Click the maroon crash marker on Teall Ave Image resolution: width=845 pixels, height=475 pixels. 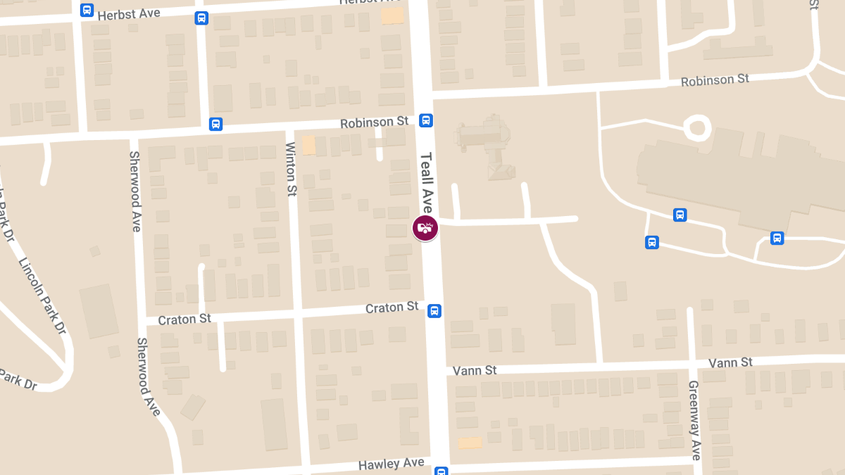(425, 227)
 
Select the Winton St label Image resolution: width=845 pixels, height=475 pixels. (291, 169)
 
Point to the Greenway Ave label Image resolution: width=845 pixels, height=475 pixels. (694, 421)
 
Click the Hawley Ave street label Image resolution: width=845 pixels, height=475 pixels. (391, 464)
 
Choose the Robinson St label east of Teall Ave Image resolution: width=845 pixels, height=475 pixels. (715, 80)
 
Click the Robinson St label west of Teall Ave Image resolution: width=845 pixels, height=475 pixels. (374, 123)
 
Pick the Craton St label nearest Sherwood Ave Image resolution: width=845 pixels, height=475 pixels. (184, 319)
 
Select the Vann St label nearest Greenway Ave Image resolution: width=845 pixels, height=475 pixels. (730, 362)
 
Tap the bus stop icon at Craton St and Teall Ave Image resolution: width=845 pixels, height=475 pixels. (435, 310)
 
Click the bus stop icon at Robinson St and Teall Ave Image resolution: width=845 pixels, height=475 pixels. (426, 120)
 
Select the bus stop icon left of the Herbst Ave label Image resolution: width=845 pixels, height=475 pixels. (87, 10)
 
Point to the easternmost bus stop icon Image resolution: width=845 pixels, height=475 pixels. (777, 238)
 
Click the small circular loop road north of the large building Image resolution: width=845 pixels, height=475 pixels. (697, 127)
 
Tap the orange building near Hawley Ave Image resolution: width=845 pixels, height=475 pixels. (470, 443)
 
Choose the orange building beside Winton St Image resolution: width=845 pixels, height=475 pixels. (308, 146)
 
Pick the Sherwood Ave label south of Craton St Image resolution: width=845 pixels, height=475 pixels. (148, 376)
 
